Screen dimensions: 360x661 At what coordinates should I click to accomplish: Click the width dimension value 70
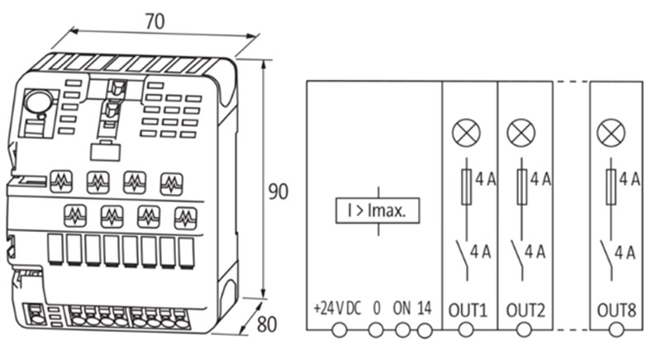click(155, 22)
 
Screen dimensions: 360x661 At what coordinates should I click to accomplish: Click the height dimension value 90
click(278, 192)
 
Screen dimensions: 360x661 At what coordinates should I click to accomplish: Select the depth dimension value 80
click(266, 324)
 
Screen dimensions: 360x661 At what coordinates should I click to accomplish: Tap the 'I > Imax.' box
click(377, 211)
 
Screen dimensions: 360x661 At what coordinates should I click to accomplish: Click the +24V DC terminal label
click(338, 309)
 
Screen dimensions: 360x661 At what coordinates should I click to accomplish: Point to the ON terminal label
click(402, 309)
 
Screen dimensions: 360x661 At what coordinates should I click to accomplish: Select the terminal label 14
click(425, 309)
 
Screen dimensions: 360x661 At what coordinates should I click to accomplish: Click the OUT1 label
click(468, 310)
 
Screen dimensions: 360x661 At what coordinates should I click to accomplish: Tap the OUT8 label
click(616, 310)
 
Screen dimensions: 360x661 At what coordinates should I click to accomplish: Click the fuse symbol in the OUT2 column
click(521, 187)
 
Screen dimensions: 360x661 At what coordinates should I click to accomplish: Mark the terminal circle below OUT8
click(616, 330)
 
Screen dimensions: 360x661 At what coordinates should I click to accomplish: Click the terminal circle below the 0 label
click(376, 330)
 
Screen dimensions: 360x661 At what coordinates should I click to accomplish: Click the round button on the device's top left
click(36, 102)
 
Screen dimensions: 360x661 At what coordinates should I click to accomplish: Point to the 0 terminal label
click(377, 309)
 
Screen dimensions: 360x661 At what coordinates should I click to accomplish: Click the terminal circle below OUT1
click(466, 330)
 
